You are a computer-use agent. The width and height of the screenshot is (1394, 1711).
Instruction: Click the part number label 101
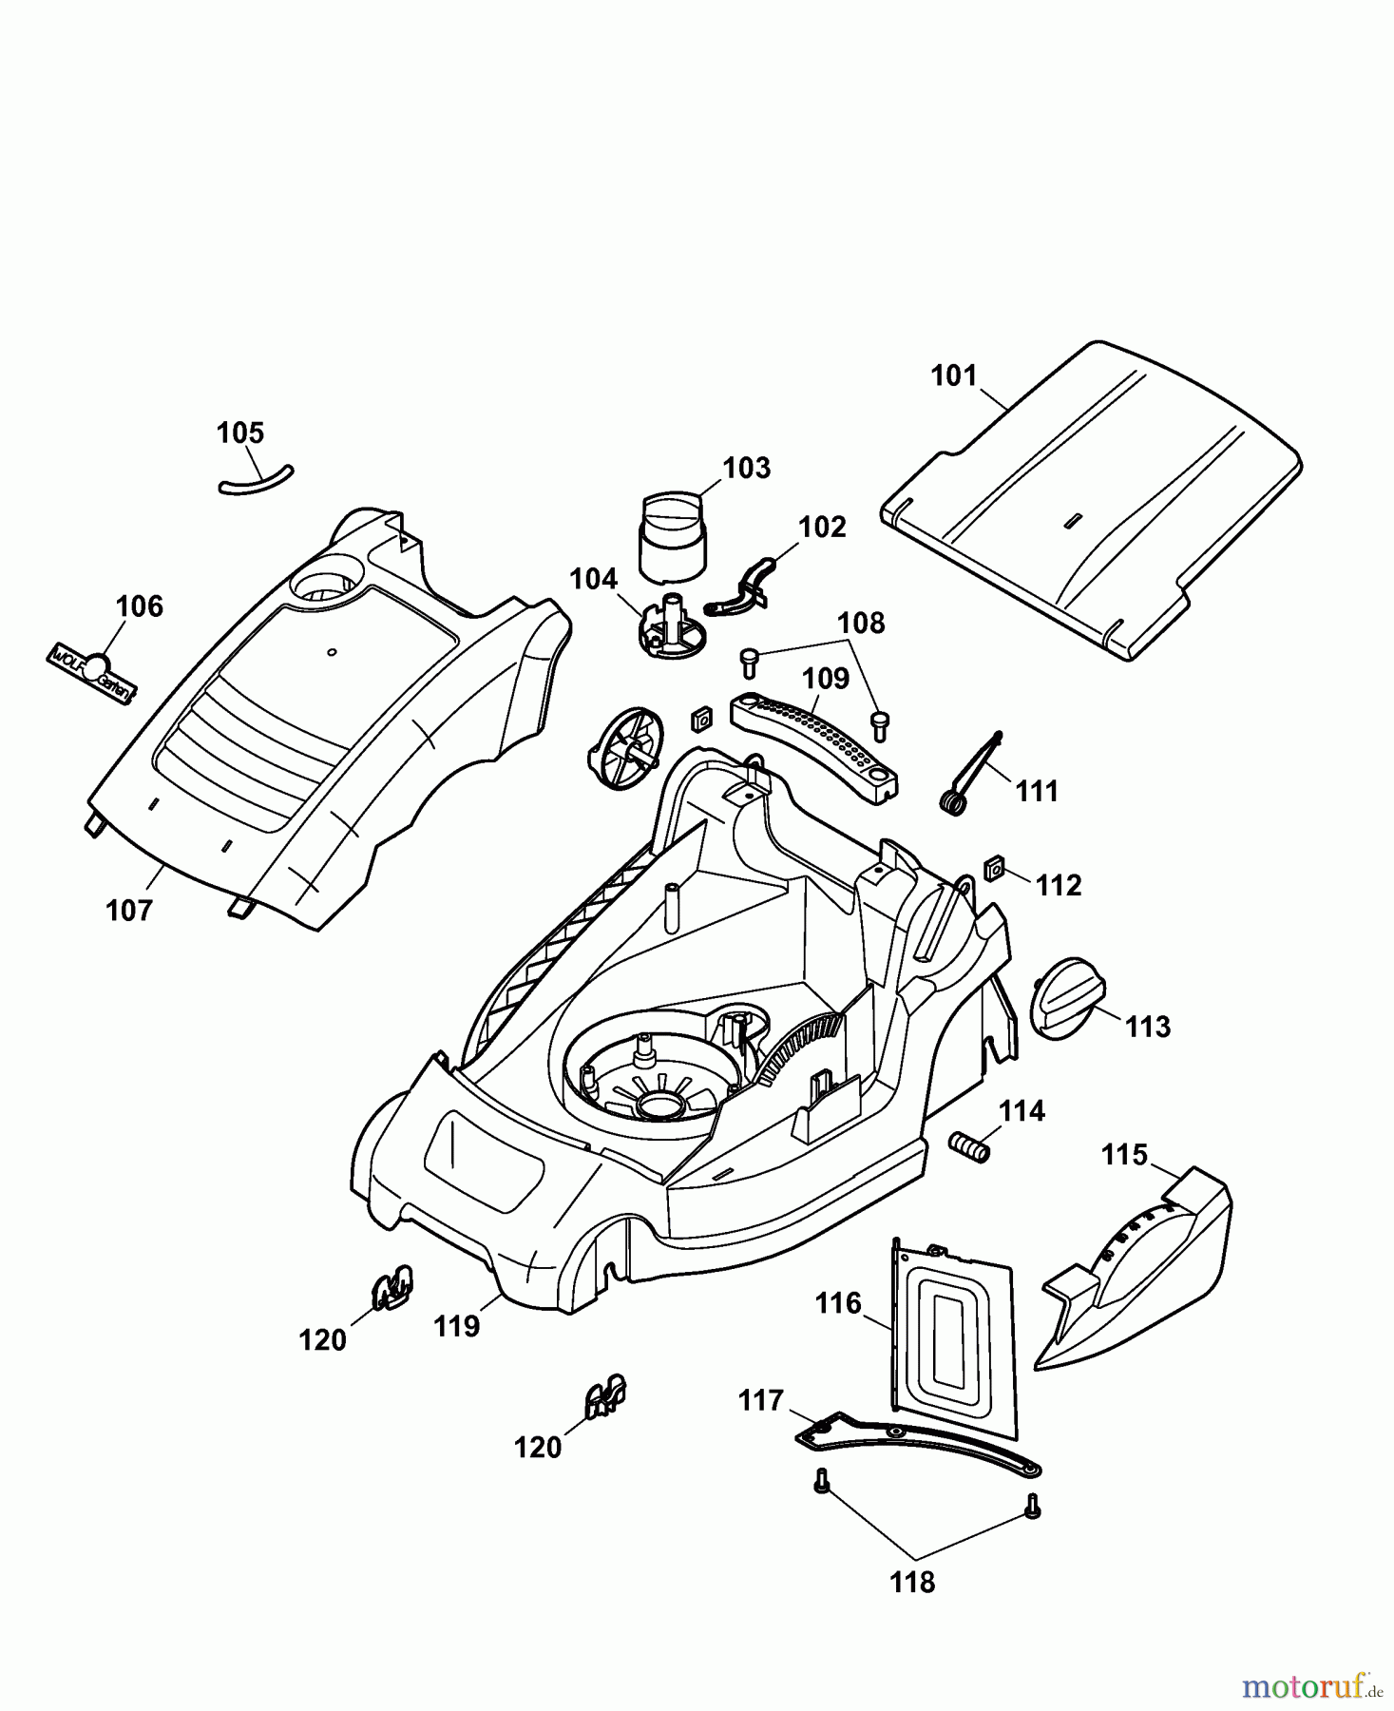[952, 375]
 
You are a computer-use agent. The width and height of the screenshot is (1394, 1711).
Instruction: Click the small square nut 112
[994, 868]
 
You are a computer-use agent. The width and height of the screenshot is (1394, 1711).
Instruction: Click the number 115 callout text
[1124, 1155]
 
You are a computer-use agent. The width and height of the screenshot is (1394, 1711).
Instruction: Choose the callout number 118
[912, 1583]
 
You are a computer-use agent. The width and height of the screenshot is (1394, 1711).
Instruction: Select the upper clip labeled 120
[391, 1287]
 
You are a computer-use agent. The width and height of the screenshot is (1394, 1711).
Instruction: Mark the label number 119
[456, 1326]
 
